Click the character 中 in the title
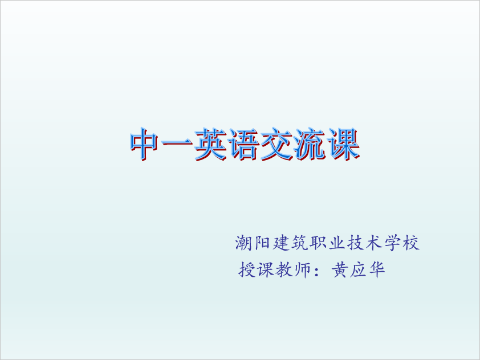144,144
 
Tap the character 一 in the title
177,143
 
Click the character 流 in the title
310,144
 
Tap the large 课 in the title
343,144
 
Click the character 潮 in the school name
244,243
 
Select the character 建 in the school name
281,243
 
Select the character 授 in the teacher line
247,269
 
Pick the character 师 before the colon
301,269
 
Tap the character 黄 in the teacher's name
340,269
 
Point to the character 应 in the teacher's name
359,269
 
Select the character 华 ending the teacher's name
377,269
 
